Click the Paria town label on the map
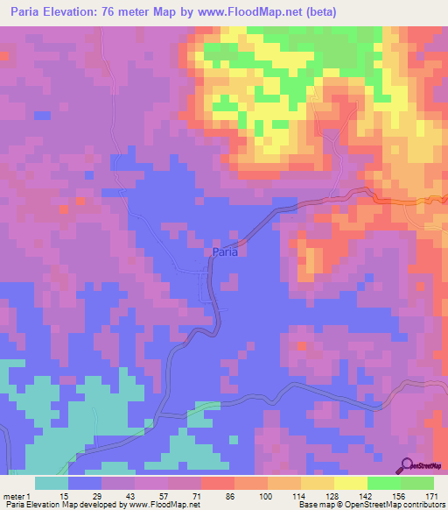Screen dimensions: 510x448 click(x=225, y=252)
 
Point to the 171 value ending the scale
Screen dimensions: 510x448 click(x=432, y=496)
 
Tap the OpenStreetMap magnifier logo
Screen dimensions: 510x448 click(x=409, y=465)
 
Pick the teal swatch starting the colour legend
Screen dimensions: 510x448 click(x=52, y=483)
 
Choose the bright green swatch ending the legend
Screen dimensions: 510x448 click(x=417, y=483)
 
